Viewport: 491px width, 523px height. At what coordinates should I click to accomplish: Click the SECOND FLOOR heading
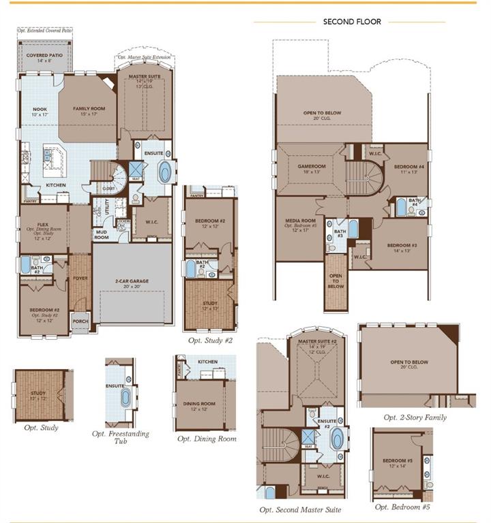click(352, 22)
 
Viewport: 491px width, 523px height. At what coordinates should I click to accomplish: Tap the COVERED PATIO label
click(44, 55)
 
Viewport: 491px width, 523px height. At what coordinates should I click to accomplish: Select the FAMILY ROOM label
click(89, 108)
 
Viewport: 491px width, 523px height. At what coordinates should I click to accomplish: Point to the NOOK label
click(40, 108)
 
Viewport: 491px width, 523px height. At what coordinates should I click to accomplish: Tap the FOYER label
click(80, 278)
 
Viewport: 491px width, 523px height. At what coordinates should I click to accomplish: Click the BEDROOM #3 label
click(402, 245)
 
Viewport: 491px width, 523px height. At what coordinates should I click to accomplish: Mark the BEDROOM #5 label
click(398, 460)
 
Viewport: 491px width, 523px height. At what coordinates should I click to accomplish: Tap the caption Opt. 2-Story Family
click(415, 417)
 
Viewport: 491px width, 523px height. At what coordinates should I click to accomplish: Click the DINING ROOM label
click(198, 404)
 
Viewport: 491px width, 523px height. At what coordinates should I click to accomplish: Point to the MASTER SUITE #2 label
click(318, 341)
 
